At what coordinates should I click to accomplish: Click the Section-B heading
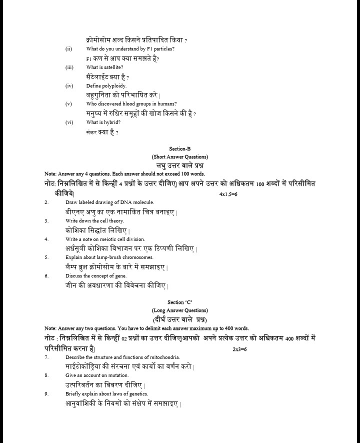[x=180, y=148]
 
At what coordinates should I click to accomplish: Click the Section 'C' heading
[x=180, y=302]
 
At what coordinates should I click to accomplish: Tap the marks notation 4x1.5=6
[x=228, y=193]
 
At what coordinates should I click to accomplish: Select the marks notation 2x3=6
[x=239, y=348]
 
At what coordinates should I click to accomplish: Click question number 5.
[x=46, y=257]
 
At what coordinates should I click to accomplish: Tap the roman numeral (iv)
[x=69, y=85]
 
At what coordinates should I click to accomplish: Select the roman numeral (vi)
[x=69, y=122]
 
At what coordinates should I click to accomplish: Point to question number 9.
[x=46, y=393]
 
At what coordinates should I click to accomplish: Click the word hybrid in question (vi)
[x=112, y=122]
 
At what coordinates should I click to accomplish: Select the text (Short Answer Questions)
[x=180, y=156]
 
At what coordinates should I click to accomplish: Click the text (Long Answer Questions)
[x=180, y=310]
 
